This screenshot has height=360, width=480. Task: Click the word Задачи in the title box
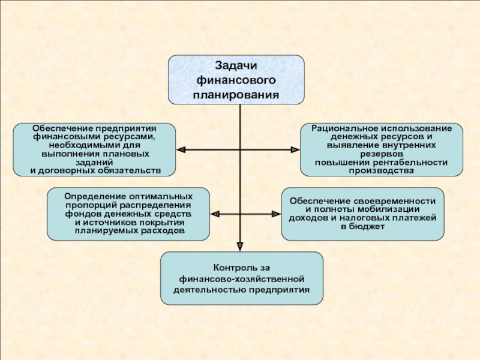236,66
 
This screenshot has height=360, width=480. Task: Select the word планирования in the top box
236,95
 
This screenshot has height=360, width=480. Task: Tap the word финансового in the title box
236,80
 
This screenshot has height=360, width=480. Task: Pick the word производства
382,171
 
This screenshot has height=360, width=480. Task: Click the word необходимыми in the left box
81,145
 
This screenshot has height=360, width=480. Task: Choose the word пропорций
91,205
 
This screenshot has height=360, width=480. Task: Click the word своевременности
394,201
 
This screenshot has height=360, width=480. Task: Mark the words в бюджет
362,227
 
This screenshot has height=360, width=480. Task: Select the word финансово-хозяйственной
242,279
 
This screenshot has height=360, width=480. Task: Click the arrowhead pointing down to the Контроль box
240,247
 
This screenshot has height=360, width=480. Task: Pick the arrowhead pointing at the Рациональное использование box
295,149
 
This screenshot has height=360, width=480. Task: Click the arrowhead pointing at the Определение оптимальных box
215,214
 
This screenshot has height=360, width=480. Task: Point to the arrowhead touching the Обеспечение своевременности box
277,214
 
